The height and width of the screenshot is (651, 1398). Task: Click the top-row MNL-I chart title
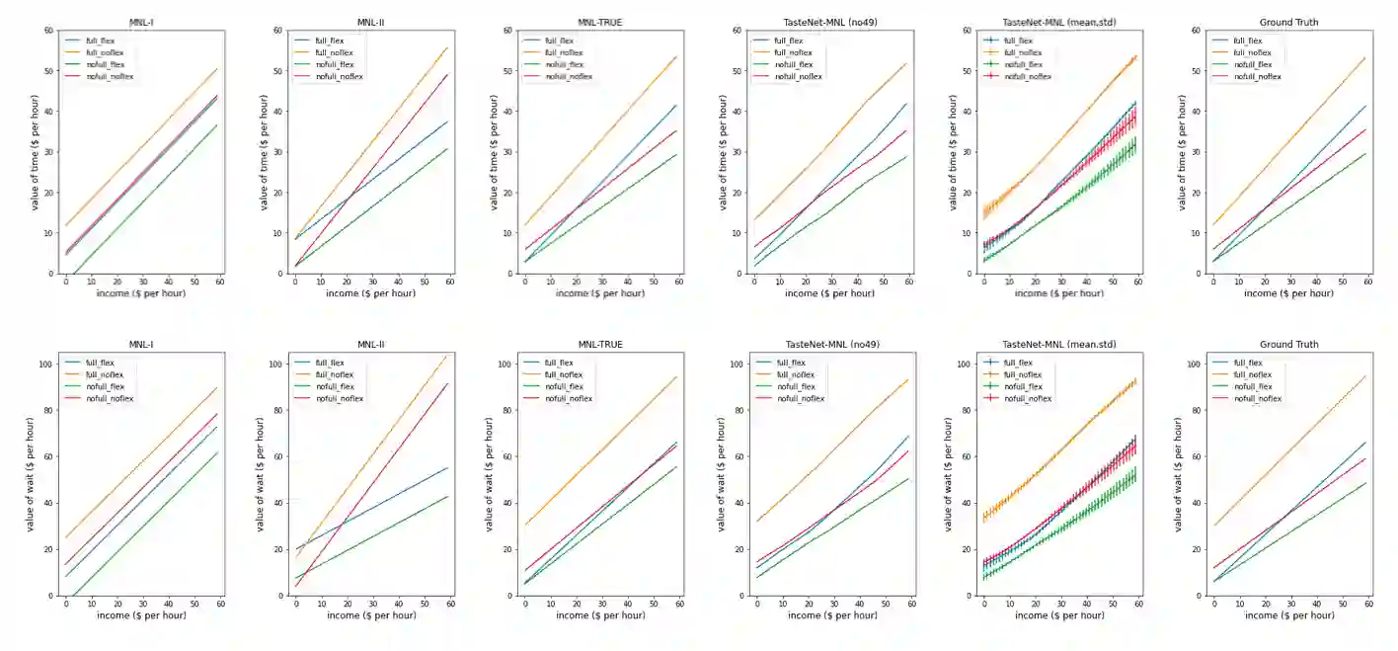(142, 22)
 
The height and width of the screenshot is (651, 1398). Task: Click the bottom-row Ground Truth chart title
(1288, 345)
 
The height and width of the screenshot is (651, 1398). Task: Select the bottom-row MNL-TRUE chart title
(600, 345)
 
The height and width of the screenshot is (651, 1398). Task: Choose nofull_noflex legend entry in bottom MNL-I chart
(111, 398)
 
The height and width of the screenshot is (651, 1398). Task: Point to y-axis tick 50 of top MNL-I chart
(49, 71)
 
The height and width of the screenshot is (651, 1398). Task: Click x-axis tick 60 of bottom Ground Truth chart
(1368, 604)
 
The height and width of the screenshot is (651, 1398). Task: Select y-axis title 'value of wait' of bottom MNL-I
(32, 479)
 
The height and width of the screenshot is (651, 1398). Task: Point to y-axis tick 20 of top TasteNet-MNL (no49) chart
(738, 193)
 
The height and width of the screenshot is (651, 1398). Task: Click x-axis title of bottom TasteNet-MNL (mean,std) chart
(1059, 615)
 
